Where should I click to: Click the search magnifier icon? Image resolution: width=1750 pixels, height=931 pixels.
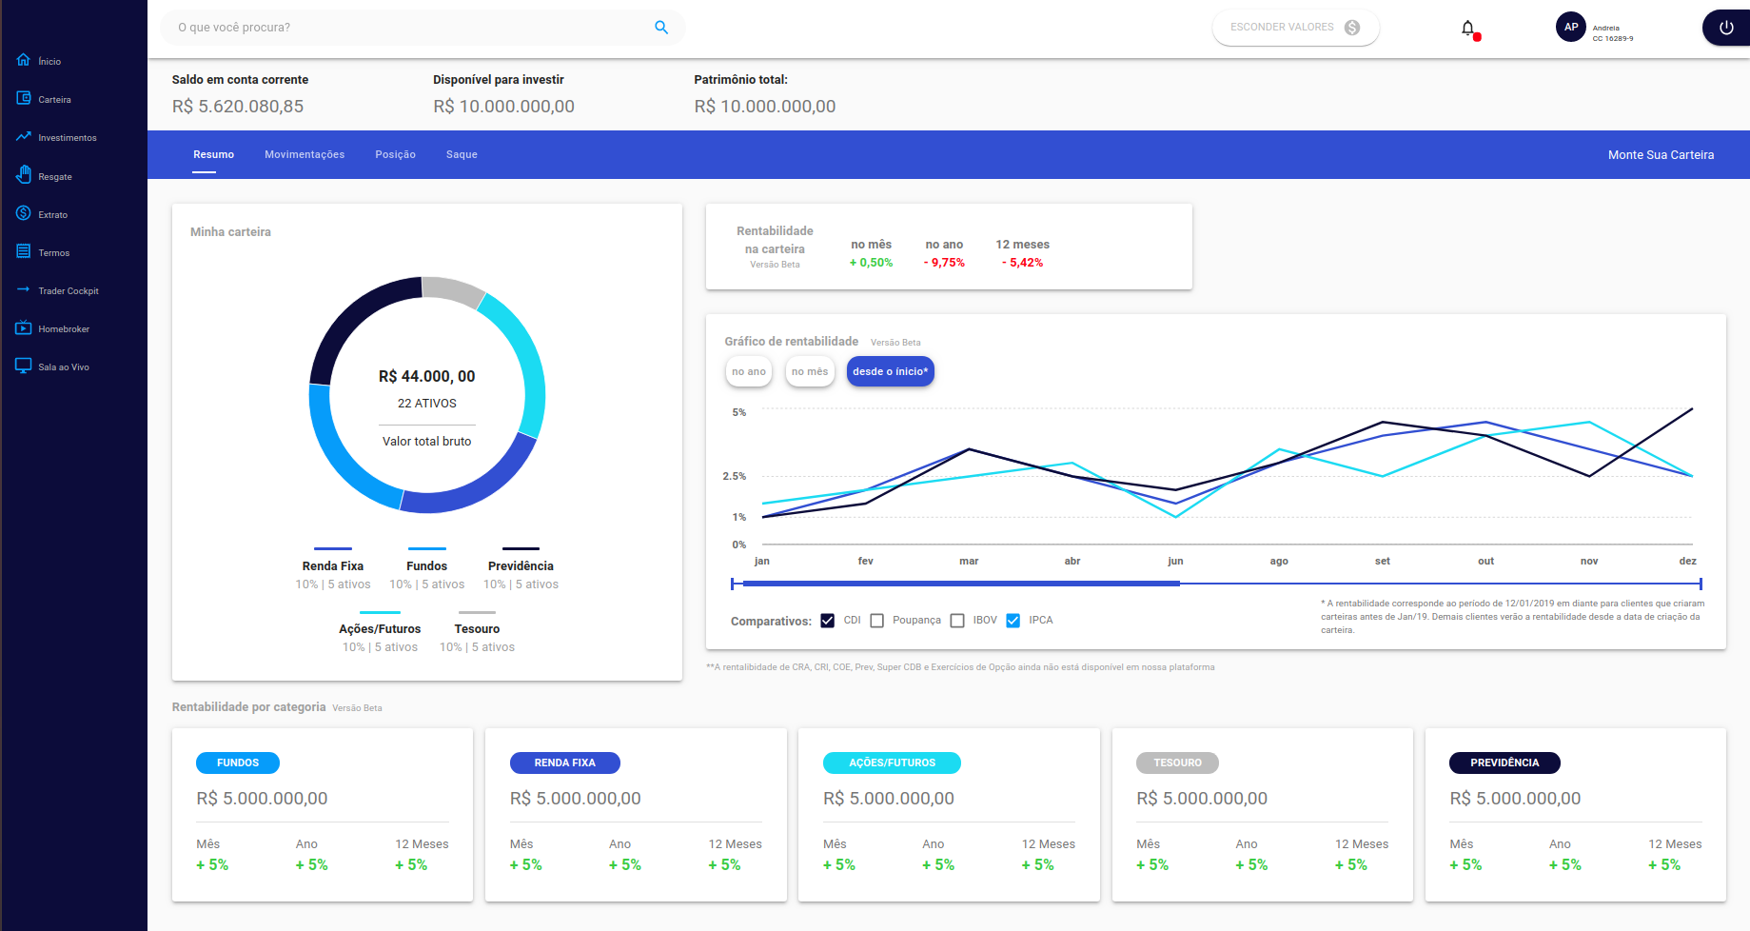[661, 28]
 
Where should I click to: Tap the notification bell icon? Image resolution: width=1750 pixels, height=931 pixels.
[1467, 29]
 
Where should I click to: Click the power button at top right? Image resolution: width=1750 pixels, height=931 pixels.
[1725, 28]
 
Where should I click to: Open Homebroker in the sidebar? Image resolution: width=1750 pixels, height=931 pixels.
[63, 329]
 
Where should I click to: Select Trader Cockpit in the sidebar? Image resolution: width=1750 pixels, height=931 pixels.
[68, 291]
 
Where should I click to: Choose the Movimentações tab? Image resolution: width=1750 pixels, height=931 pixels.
[305, 154]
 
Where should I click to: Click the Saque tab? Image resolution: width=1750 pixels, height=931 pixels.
[462, 154]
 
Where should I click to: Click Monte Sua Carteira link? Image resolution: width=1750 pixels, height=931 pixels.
[1661, 155]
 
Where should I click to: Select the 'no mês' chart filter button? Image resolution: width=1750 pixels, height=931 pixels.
[809, 372]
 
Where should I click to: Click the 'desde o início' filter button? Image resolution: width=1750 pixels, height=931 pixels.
[890, 372]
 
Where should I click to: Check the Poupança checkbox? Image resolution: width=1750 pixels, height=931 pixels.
[877, 621]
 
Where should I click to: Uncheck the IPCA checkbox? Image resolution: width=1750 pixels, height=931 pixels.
[1013, 621]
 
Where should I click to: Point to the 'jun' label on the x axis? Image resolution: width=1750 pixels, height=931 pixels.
[1175, 562]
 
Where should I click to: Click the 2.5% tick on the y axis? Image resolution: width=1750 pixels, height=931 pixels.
[734, 476]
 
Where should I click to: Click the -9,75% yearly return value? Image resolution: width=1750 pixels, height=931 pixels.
[944, 263]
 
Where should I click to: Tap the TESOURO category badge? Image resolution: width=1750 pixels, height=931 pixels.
[1177, 763]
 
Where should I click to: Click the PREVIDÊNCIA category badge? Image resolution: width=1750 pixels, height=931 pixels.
[1504, 763]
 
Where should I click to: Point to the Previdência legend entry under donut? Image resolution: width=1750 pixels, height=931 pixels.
[521, 566]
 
